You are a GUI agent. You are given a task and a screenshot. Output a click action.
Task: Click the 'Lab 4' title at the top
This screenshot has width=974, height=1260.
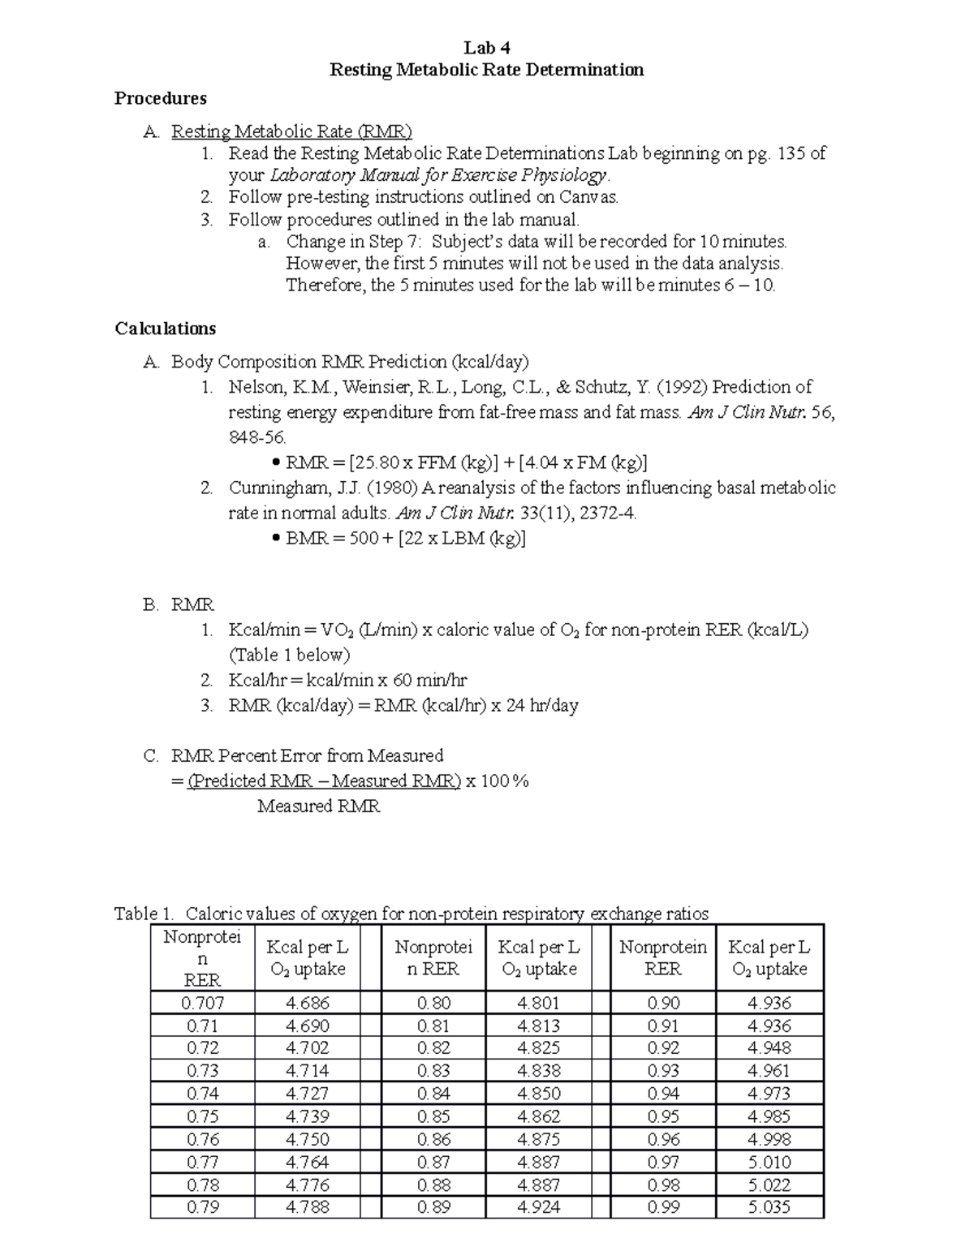click(x=486, y=47)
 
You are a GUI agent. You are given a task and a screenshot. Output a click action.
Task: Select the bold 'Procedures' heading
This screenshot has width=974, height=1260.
click(x=160, y=98)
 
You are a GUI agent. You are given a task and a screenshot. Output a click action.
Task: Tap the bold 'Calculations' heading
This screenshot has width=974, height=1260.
click(x=165, y=329)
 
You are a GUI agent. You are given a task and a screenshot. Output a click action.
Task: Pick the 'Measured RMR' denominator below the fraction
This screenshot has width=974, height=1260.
click(x=318, y=806)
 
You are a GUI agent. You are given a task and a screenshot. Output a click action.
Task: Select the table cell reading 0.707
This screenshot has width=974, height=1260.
click(x=202, y=1003)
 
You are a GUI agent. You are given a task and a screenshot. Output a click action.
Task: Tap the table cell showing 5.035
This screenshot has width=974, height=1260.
click(x=769, y=1206)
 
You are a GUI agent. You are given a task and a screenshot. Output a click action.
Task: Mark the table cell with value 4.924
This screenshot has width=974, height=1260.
click(x=539, y=1206)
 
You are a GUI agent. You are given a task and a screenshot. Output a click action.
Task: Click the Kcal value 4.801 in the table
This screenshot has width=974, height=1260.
click(x=539, y=1003)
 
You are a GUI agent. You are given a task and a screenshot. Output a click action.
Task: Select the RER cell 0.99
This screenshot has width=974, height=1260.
click(x=663, y=1206)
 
